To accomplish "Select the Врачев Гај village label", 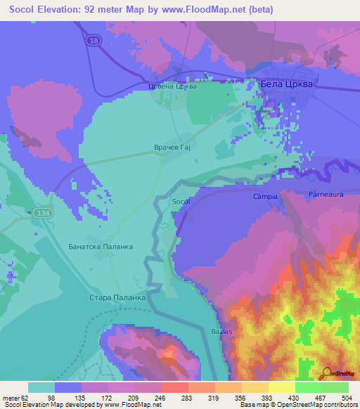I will click(172, 148).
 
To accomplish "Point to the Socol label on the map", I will click(181, 202).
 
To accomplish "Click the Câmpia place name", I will click(266, 197).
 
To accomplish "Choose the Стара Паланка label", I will click(117, 298).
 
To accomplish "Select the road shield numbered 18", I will click(94, 42).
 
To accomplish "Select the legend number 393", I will click(269, 397).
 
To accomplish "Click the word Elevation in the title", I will click(72, 10).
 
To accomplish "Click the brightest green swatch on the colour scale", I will click(308, 387).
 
